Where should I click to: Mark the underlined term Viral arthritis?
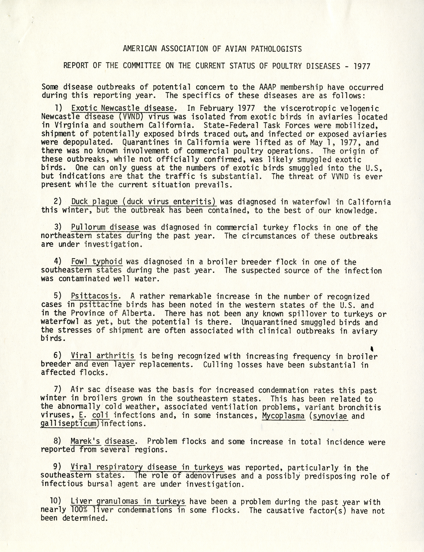(x=102, y=356)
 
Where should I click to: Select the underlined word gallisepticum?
(x=69, y=424)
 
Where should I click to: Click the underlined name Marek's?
(x=85, y=441)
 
